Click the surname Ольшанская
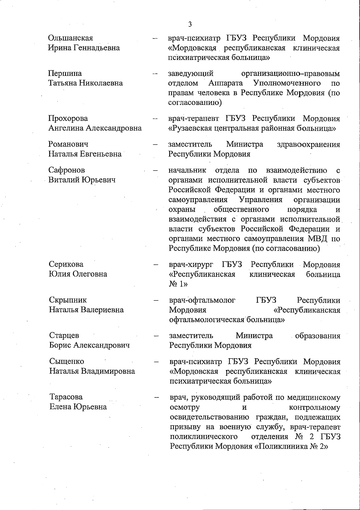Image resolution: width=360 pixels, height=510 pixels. tap(70, 38)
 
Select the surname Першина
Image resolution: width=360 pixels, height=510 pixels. tap(65, 73)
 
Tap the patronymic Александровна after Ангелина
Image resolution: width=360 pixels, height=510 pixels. tap(114, 128)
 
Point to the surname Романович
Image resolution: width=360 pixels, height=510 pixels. tap(68, 144)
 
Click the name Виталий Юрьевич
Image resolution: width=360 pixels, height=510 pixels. tap(82, 180)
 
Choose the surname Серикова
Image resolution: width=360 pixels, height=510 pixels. tap(66, 264)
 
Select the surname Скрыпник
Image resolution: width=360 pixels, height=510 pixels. tap(68, 300)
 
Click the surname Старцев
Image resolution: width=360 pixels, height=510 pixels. tap(64, 336)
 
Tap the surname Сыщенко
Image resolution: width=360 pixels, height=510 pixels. tap(67, 361)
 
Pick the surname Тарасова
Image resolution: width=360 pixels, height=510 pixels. tap(66, 397)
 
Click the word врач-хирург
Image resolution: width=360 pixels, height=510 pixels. tap(191, 265)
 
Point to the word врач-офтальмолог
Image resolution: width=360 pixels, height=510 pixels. tap(202, 300)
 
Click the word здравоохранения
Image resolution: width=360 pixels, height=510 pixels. tap(309, 145)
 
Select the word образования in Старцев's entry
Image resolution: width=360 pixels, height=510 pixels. tap(318, 336)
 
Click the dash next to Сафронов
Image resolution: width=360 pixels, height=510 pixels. tap(155, 171)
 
